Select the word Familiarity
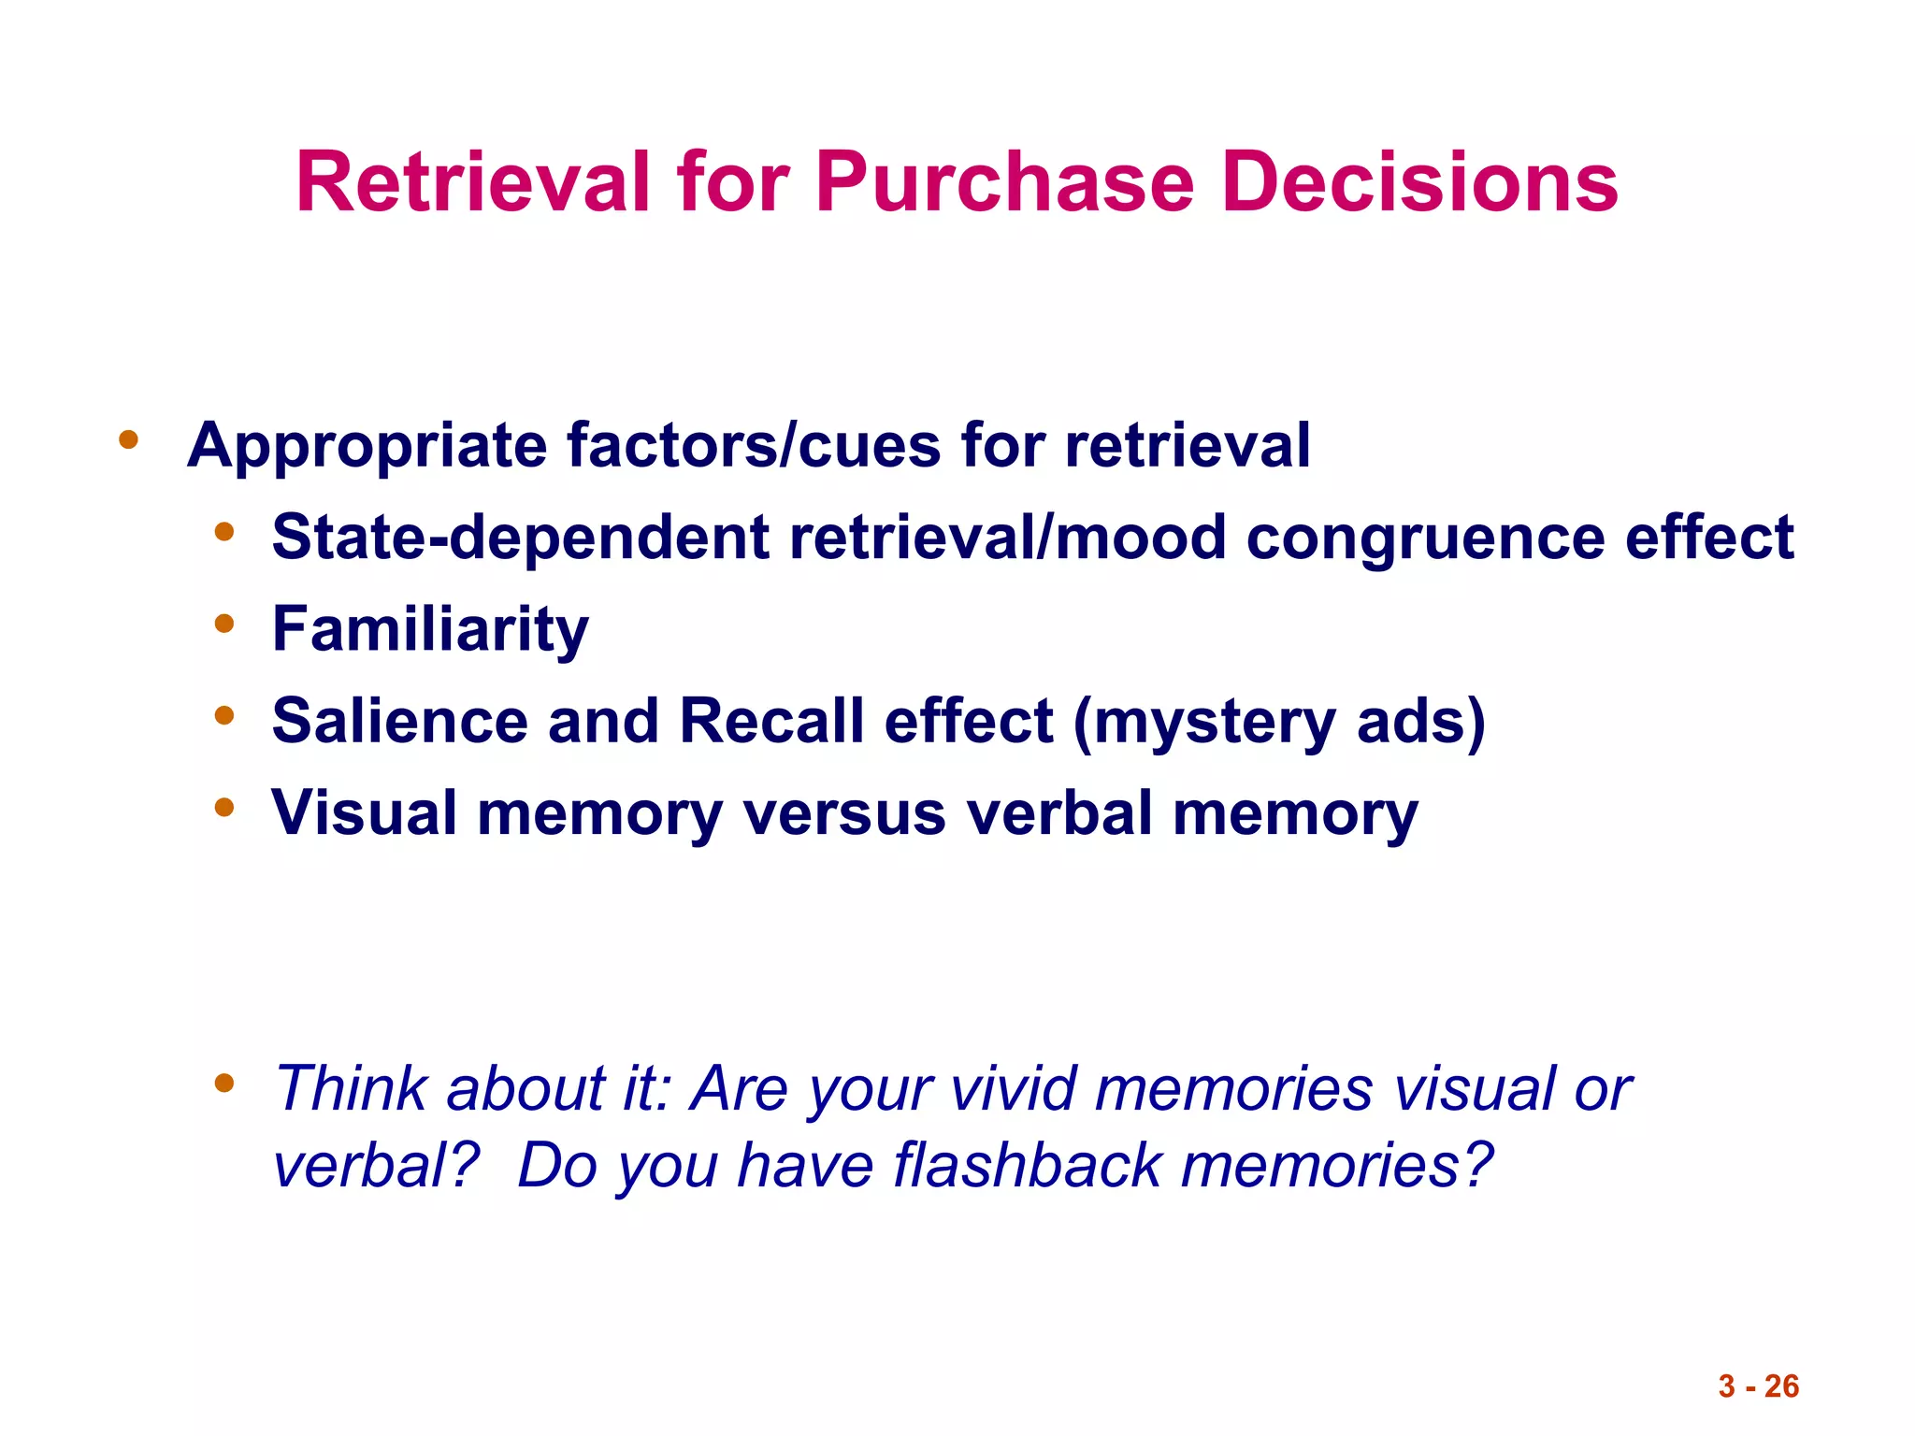[x=430, y=629]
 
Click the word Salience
[x=400, y=721]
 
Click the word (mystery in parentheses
[x=1204, y=723]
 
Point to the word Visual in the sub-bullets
[x=365, y=812]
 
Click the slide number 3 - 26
[x=1758, y=1386]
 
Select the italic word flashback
[x=1027, y=1166]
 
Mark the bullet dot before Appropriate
[x=128, y=439]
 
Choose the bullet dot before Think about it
[x=223, y=1084]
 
